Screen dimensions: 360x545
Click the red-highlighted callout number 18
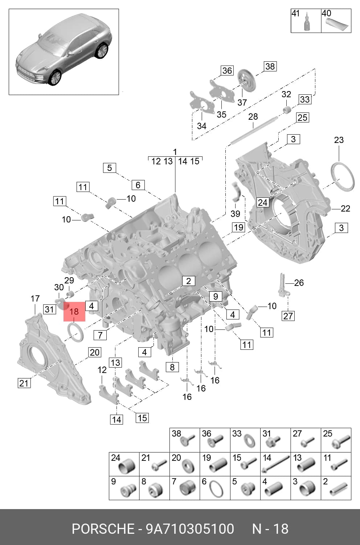click(x=74, y=311)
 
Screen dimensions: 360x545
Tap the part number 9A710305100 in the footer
click(x=190, y=529)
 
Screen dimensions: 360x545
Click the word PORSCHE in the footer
click(x=103, y=529)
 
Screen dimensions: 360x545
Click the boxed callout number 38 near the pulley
click(x=270, y=66)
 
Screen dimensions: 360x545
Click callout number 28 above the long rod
click(x=253, y=117)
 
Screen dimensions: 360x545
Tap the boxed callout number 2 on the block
click(x=189, y=281)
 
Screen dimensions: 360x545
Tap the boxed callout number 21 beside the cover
click(x=24, y=384)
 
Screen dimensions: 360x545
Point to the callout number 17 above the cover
click(x=35, y=299)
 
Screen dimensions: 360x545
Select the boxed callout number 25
click(x=303, y=118)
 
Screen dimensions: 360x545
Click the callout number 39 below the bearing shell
click(x=236, y=214)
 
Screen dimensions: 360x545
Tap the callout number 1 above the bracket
click(x=175, y=152)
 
